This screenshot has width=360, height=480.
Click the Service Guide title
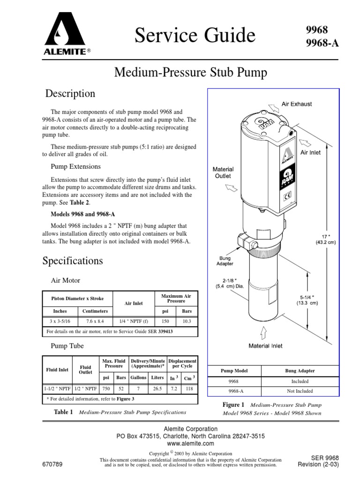195,36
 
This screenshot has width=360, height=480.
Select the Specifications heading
73,261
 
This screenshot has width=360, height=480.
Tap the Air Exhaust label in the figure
296,104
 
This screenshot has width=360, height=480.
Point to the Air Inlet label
310,152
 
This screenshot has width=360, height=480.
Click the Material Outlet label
224,172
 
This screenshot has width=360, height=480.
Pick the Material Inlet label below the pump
265,346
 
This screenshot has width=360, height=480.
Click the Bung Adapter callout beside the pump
224,261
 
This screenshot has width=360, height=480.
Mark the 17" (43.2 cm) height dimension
326,240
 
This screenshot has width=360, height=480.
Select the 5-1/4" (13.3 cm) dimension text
307,300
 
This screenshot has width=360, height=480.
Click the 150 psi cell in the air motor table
165,321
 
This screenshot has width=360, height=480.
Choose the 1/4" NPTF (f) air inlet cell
134,321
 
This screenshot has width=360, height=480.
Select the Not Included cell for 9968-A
300,391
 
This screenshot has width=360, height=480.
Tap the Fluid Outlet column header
85,370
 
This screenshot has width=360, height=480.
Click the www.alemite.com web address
190,443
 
